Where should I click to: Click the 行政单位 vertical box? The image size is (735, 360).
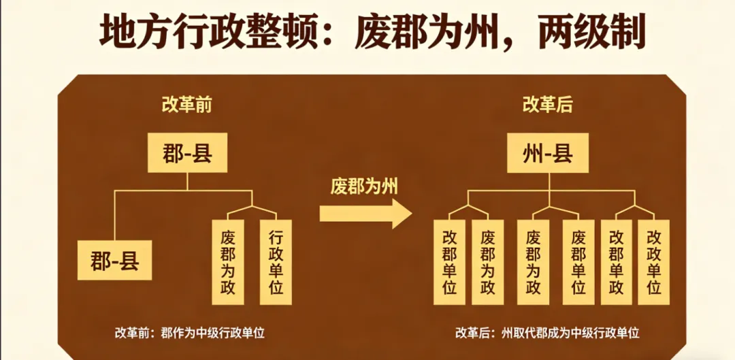(276, 262)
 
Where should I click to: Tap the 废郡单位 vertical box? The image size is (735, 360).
(578, 262)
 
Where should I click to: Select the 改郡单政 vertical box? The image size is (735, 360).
(617, 262)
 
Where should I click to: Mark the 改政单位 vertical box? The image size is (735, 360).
(654, 262)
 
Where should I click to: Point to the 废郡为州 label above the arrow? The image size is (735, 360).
(364, 186)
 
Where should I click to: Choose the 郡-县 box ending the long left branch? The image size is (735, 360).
(114, 260)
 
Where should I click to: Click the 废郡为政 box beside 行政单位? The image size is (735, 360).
(229, 262)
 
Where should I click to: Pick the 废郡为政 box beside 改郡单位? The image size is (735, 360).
(487, 262)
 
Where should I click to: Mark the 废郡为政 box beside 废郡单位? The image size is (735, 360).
(534, 262)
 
